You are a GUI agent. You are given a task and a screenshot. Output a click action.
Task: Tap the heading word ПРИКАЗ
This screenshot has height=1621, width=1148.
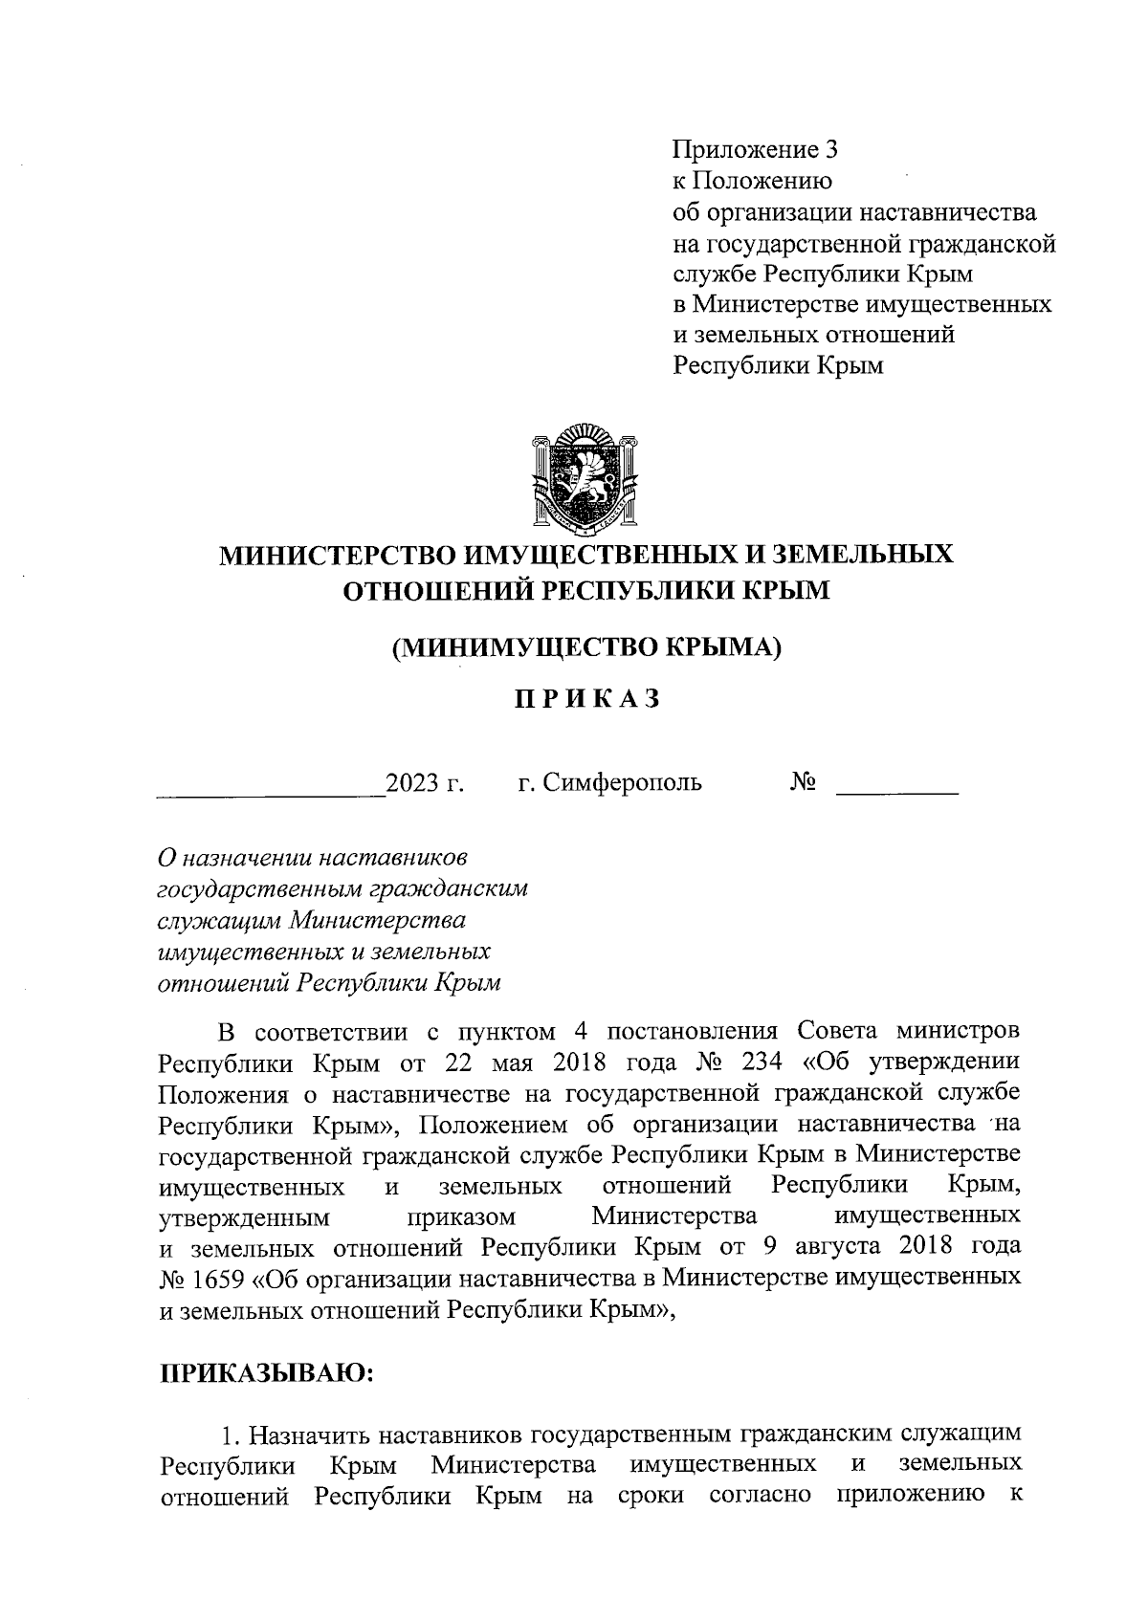coord(587,699)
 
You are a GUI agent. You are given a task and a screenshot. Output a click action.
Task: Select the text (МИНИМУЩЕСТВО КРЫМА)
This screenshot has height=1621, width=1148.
coord(586,646)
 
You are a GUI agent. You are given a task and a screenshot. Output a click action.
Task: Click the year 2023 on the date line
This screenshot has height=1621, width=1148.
coord(411,783)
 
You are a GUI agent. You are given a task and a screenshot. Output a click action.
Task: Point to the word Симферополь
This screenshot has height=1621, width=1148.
coord(622,782)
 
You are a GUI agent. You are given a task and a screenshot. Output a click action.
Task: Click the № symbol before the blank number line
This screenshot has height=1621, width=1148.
coord(802,782)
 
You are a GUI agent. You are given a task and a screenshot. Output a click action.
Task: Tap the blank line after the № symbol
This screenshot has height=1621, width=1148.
coord(896,790)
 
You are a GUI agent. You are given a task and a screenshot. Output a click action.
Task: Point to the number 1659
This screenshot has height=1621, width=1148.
coord(221,1278)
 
